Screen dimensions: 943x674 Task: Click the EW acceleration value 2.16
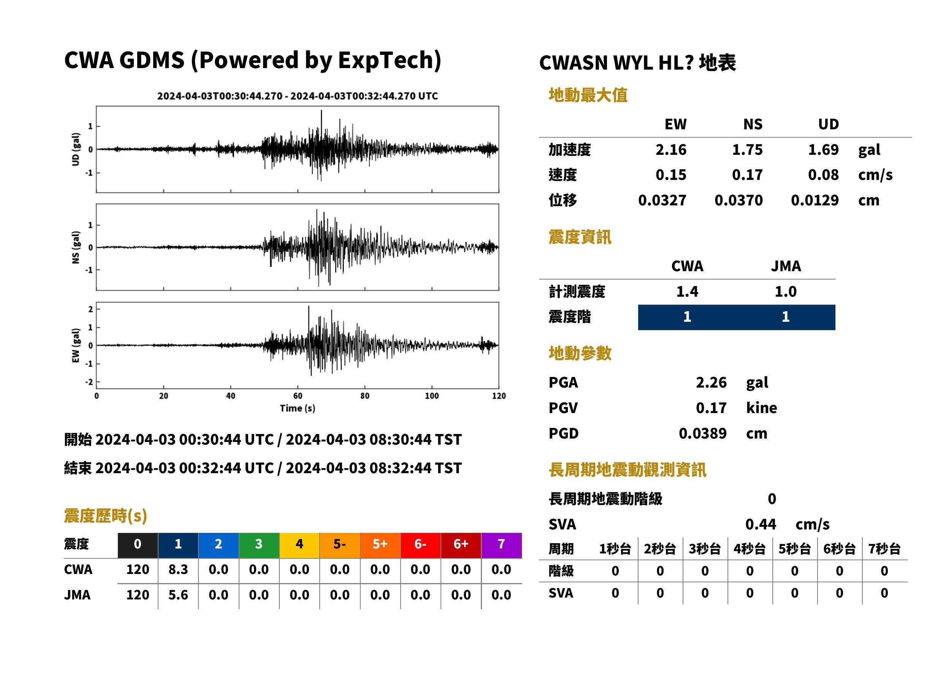tap(670, 149)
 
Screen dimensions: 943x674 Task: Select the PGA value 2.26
tap(711, 382)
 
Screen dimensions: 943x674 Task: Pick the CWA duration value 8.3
tap(178, 569)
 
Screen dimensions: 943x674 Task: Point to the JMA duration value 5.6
tap(178, 595)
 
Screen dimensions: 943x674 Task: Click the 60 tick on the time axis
tap(298, 396)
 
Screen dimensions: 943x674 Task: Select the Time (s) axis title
tap(297, 409)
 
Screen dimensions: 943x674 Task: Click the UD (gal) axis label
tap(76, 149)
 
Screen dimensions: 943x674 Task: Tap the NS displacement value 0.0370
tap(739, 200)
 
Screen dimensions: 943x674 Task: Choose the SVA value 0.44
tap(761, 524)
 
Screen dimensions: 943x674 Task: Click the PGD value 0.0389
tap(702, 433)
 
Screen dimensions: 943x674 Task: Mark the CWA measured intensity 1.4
tap(687, 291)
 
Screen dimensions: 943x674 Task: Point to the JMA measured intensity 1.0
tap(785, 291)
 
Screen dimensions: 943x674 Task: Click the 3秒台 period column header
tap(705, 548)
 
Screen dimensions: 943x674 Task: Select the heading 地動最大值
tap(588, 95)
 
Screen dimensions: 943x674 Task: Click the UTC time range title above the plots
tap(297, 96)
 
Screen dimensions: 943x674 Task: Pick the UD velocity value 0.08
tap(823, 175)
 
